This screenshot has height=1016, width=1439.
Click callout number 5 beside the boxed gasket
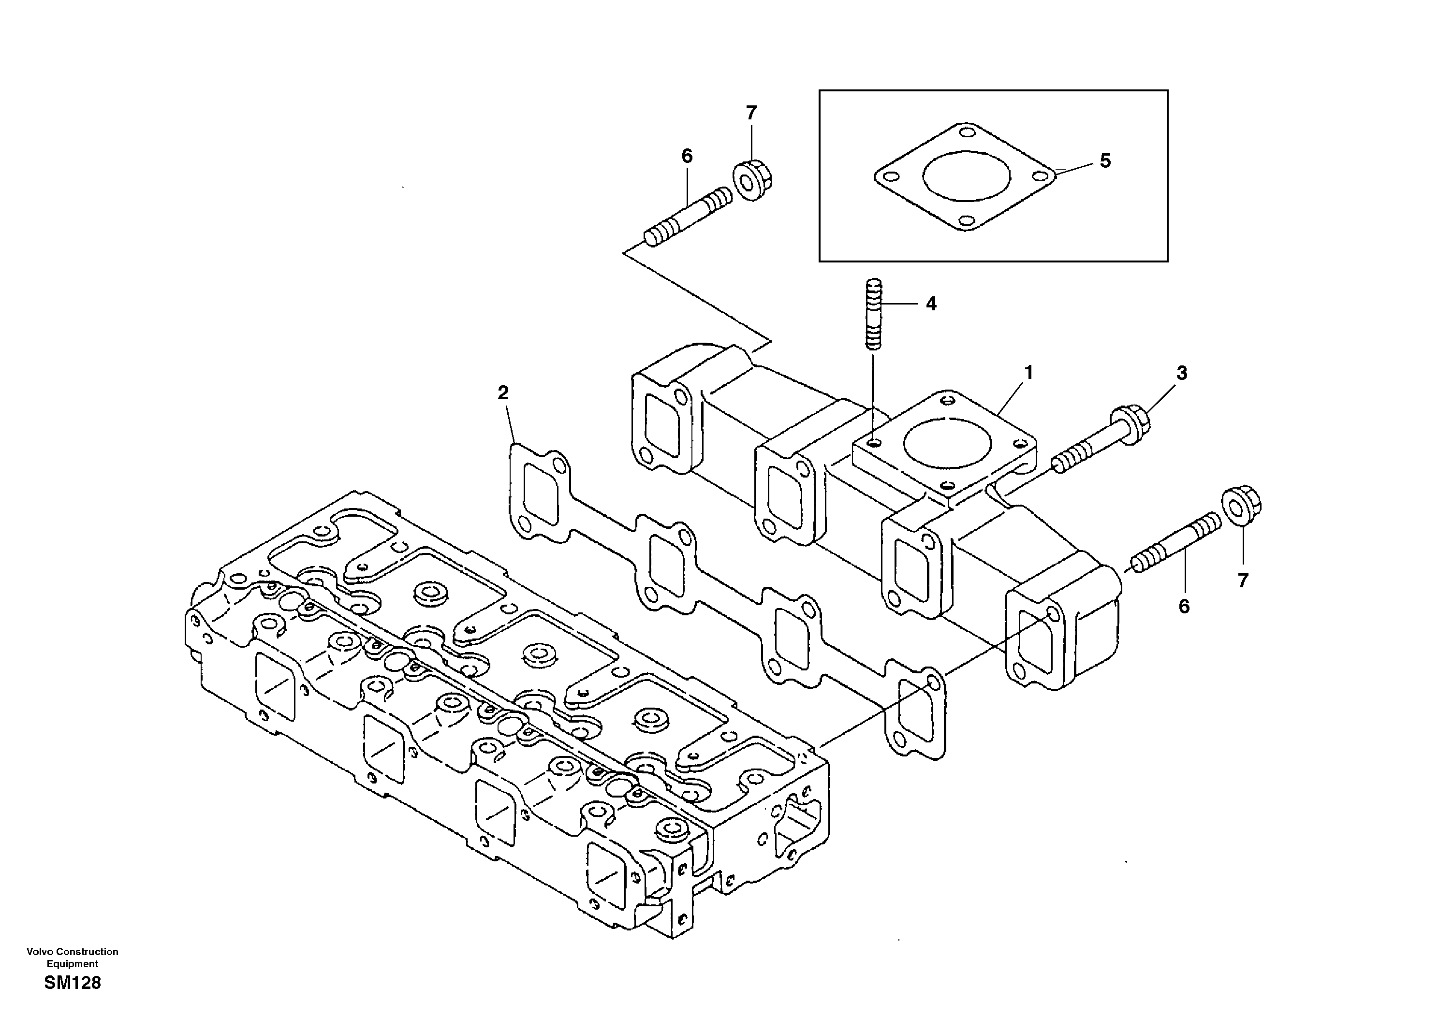[x=1105, y=161]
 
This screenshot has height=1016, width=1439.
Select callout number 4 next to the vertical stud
[x=931, y=304]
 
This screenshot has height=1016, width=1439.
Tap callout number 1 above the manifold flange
[x=1028, y=373]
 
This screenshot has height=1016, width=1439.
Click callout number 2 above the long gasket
[x=503, y=393]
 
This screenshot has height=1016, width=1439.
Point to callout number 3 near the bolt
[x=1181, y=373]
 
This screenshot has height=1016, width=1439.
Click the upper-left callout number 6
[x=687, y=156]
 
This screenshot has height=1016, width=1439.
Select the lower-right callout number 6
[x=1183, y=606]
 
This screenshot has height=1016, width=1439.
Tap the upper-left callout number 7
[x=751, y=113]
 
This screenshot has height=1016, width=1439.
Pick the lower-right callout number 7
[x=1243, y=581]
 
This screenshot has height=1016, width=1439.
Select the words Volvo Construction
[x=72, y=952]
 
